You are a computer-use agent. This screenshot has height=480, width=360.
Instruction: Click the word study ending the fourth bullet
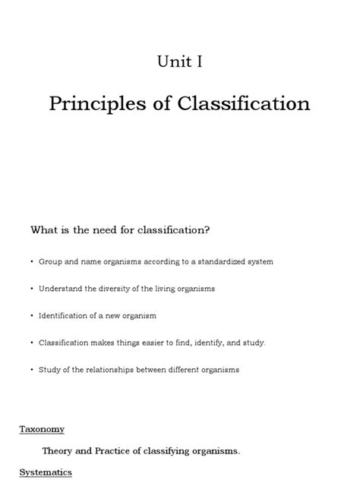(x=254, y=343)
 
